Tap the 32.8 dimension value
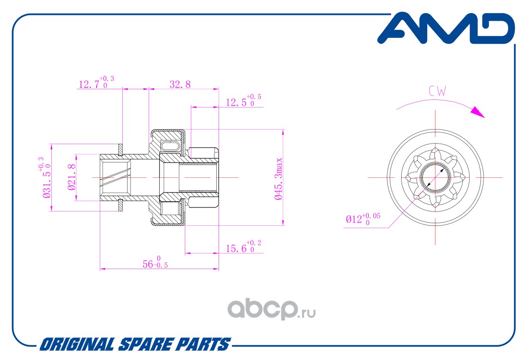(x=180, y=84)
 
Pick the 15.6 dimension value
(x=238, y=248)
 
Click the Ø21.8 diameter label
(x=71, y=178)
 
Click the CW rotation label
(x=437, y=92)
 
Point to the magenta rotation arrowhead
(x=479, y=112)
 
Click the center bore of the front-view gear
(x=435, y=177)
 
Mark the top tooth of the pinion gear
(x=435, y=151)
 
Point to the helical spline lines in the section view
(x=115, y=177)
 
